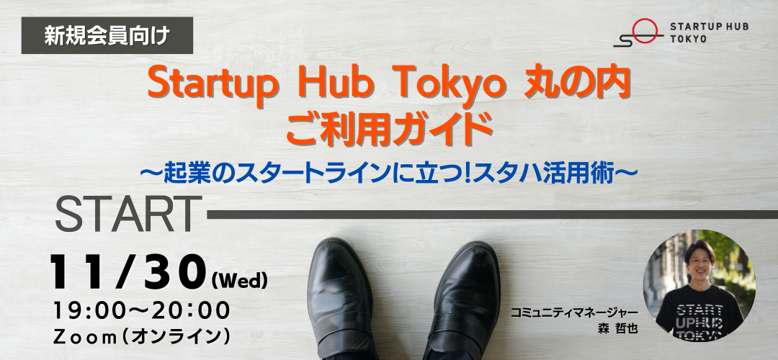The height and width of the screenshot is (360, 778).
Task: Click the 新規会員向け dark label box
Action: [107, 35]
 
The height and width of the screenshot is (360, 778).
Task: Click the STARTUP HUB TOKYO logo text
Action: [709, 32]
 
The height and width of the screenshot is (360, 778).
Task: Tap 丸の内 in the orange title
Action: [578, 84]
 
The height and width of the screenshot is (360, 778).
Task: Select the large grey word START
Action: [128, 215]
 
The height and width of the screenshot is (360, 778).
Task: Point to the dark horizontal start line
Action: [492, 215]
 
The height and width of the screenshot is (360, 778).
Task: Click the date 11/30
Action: [127, 273]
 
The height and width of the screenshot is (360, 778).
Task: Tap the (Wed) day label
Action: [239, 281]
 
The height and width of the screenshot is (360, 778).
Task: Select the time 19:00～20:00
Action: [141, 311]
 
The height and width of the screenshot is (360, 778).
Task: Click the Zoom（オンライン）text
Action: [141, 337]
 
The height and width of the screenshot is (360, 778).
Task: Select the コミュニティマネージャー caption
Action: [574, 314]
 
